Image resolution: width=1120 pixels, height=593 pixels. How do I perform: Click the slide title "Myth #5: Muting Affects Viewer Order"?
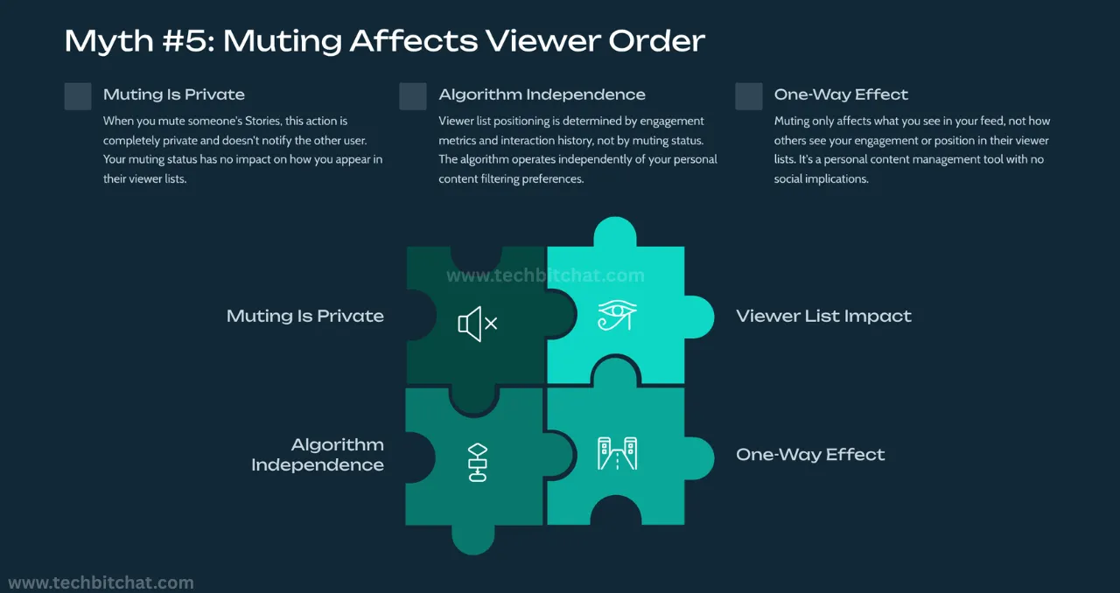coord(385,41)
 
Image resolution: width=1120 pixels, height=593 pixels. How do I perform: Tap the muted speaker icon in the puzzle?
coord(477,324)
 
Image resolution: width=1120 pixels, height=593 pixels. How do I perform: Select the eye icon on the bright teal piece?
coord(617,316)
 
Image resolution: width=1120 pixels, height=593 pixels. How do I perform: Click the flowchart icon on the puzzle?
coord(478,463)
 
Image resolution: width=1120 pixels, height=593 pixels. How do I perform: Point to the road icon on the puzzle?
coord(617,454)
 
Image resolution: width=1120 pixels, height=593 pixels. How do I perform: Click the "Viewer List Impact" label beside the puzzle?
coord(823,317)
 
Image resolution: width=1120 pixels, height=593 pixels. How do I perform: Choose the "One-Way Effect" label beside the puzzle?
coord(810,455)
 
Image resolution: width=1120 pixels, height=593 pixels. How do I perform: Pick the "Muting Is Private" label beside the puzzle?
coord(304,317)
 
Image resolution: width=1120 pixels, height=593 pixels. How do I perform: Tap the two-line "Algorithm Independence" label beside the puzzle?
coord(317,455)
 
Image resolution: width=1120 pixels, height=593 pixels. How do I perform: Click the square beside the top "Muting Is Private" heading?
coord(78,96)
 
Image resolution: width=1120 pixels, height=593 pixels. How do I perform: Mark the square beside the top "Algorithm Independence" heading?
coord(413,96)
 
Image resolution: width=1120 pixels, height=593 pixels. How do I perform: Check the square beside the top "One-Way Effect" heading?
coord(749,96)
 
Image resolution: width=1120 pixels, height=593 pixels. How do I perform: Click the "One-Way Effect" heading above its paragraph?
coord(841,94)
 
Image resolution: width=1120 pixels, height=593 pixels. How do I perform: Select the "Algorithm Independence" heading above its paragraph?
coord(542,94)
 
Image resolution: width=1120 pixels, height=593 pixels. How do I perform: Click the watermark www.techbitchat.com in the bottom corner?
coord(101,583)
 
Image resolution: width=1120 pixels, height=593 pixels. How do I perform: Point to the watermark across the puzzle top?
coord(545,276)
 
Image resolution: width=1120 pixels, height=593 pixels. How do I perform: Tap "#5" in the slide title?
coord(185,41)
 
